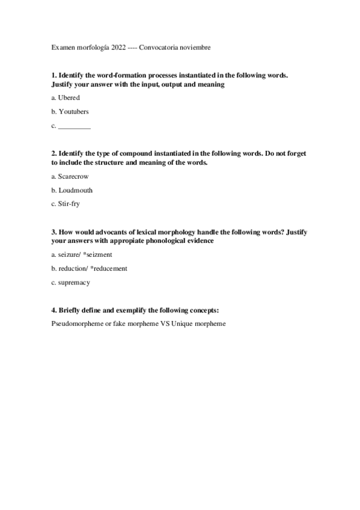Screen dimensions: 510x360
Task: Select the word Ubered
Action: coord(69,98)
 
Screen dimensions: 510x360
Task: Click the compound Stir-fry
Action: coord(69,204)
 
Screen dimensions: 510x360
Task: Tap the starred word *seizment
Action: coord(97,254)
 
